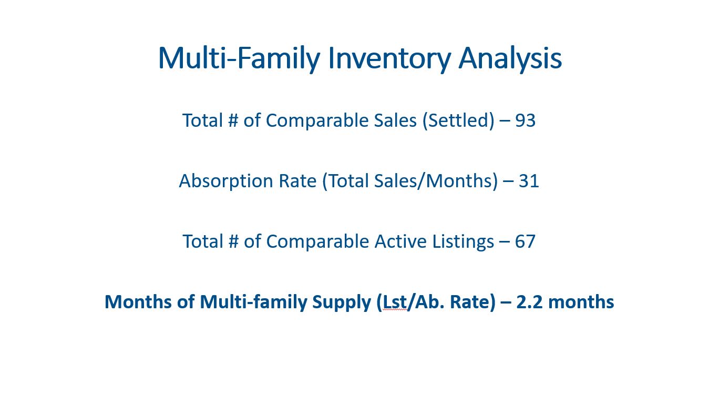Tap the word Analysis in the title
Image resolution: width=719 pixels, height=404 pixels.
click(510, 58)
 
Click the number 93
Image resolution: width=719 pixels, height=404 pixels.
click(526, 121)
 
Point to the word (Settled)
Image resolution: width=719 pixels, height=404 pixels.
click(458, 121)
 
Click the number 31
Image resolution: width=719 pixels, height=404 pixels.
click(529, 181)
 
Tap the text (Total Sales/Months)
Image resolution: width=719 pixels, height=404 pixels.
click(410, 181)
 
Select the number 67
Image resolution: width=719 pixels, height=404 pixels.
click(525, 241)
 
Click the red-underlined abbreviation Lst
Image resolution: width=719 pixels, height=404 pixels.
click(395, 302)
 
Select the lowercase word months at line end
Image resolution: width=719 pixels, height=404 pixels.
click(581, 302)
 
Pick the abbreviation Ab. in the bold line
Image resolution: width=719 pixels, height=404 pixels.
click(430, 302)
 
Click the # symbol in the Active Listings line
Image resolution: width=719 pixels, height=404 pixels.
click(233, 241)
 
